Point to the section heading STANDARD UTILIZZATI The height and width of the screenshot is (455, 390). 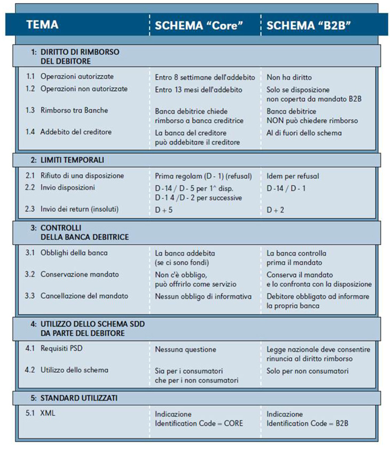coord(79,397)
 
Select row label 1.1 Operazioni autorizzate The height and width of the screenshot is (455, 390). coord(77,76)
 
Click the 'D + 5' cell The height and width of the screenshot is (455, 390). coord(165,210)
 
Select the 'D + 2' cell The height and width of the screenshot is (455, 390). coord(276,210)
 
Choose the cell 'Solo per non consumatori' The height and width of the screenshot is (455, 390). coord(307,370)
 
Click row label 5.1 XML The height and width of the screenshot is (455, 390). coord(48,413)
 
